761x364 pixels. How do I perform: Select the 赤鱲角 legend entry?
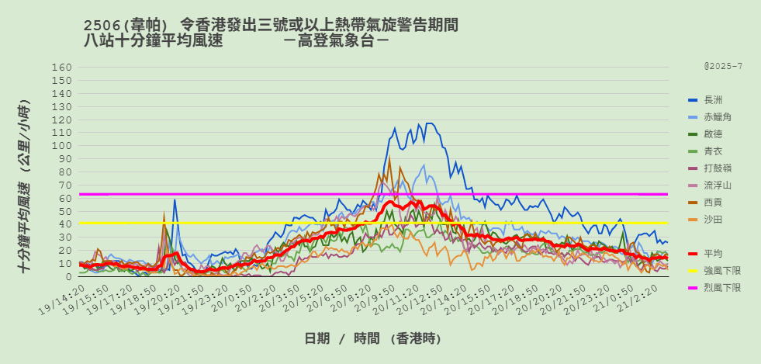(x=717, y=117)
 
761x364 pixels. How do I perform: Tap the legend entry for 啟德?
(x=712, y=134)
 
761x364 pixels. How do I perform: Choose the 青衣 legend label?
(x=712, y=151)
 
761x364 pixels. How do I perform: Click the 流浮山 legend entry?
(x=717, y=185)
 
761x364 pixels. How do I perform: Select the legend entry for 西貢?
(x=712, y=203)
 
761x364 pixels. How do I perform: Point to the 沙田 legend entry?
(x=712, y=220)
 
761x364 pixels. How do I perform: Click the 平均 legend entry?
(x=712, y=254)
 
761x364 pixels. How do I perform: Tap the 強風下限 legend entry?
(x=721, y=271)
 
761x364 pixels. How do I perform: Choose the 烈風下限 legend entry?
(x=721, y=288)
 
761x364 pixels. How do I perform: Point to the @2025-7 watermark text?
(x=723, y=67)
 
